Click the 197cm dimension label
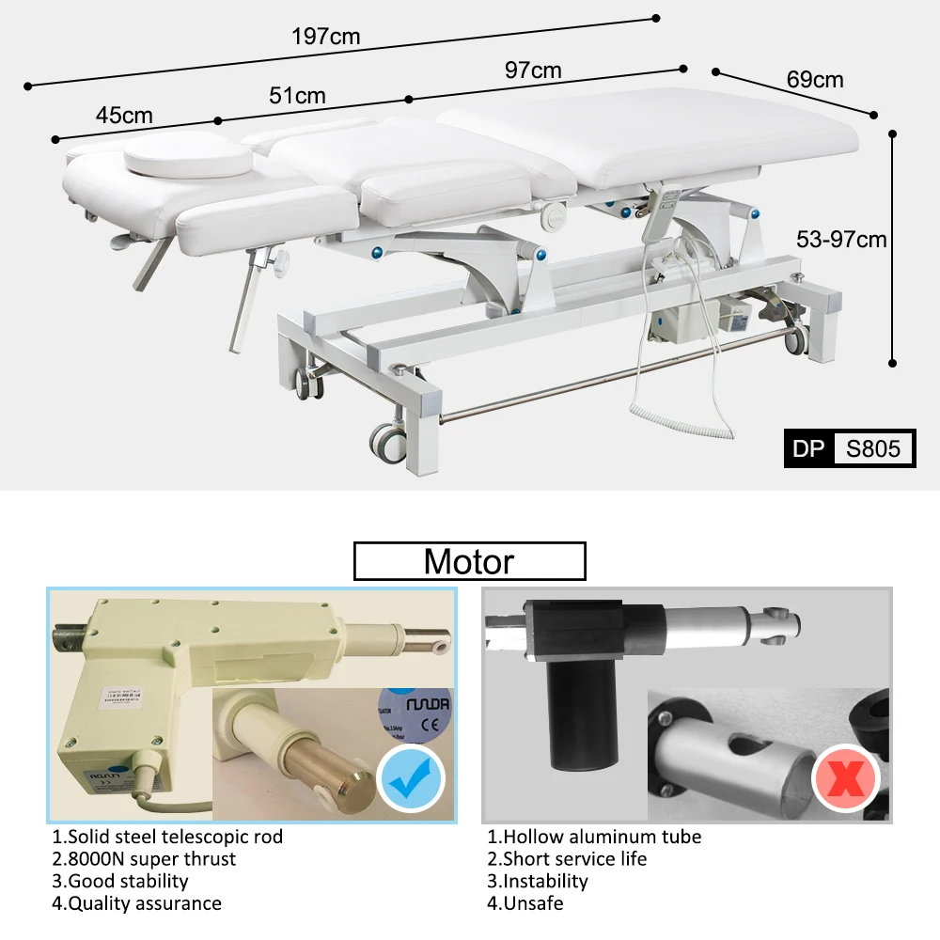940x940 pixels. click(x=326, y=37)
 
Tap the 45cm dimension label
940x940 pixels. click(x=124, y=116)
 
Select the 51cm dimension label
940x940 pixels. click(x=297, y=95)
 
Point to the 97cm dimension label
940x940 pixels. click(x=533, y=70)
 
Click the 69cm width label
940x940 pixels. click(x=815, y=79)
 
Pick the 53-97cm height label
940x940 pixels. click(x=841, y=239)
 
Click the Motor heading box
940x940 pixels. click(x=469, y=561)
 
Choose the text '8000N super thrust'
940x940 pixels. click(x=150, y=858)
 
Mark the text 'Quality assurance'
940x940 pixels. click(x=143, y=903)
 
